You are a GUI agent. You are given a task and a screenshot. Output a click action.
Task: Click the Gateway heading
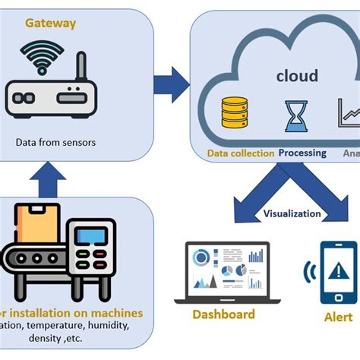(51, 23)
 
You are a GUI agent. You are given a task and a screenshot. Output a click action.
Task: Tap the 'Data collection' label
(241, 153)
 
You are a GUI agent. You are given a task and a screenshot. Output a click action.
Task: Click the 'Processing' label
(302, 153)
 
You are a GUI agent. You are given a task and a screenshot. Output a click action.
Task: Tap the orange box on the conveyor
(36, 223)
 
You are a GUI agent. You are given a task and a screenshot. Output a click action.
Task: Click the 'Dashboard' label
(222, 314)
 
